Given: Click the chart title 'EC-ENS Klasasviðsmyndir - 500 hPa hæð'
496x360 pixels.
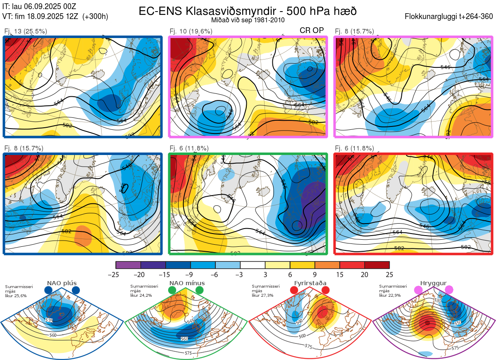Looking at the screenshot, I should pyautogui.click(x=247, y=11).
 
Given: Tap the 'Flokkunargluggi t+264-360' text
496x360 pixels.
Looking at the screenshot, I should pyautogui.click(x=450, y=17).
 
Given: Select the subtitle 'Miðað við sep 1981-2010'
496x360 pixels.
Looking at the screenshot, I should pyautogui.click(x=247, y=20).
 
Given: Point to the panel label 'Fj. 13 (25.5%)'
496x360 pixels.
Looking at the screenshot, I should pyautogui.click(x=25, y=31).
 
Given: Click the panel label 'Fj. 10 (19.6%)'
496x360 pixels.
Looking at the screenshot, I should pyautogui.click(x=191, y=31).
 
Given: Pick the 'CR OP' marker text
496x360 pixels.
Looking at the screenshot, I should pyautogui.click(x=311, y=31).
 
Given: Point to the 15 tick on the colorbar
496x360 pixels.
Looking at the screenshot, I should pyautogui.click(x=340, y=274).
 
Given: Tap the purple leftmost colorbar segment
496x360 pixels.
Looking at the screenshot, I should pyautogui.click(x=128, y=265).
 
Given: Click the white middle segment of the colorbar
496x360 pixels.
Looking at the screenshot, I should pyautogui.click(x=253, y=265).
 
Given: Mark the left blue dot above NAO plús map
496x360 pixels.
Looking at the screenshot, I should pyautogui.click(x=48, y=291).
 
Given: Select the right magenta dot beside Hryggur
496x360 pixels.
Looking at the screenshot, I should pyautogui.click(x=449, y=291).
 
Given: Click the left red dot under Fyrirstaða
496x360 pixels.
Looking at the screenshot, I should pyautogui.click(x=294, y=291).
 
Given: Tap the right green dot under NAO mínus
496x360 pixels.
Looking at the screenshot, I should pyautogui.click(x=200, y=291).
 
